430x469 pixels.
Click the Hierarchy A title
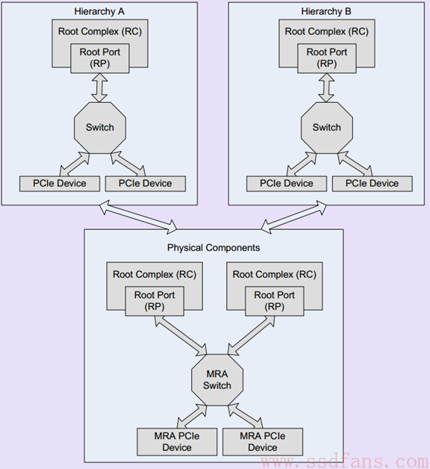coord(99,11)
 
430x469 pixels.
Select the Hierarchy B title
coord(326,11)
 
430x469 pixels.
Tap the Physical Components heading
coord(214,248)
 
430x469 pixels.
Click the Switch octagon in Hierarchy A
coord(100,128)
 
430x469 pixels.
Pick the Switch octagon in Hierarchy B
coord(326,128)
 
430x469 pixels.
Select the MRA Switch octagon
coord(217,380)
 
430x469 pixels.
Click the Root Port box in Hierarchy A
coord(100,58)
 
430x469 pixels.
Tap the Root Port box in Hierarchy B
coord(327,58)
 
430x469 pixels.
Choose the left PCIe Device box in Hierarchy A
coord(60,184)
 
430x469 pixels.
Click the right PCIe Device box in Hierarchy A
coord(146,184)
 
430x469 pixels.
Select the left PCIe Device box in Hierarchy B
coord(287,184)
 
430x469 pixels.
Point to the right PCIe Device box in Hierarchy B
coord(373,184)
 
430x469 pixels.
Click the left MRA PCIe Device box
coord(177,442)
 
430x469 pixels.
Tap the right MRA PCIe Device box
coord(263,442)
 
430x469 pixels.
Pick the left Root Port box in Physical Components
coord(155,301)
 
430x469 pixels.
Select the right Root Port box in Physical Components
coord(275,301)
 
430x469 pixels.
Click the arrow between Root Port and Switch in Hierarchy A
coord(99,87)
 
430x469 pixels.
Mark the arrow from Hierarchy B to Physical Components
coord(293,217)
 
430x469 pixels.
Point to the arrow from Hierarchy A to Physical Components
coord(138,217)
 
